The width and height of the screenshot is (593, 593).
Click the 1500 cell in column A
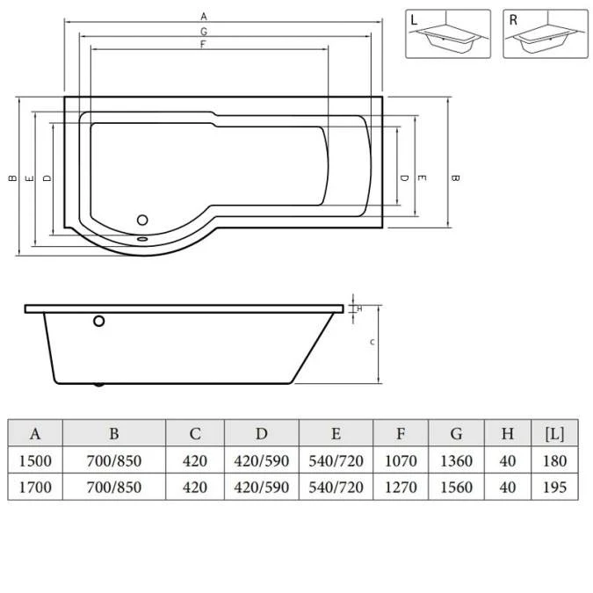pos(35,461)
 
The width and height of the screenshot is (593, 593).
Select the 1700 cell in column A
pos(35,488)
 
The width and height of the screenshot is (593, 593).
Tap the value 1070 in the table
pos(401,461)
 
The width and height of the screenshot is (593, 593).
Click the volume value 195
pos(554,488)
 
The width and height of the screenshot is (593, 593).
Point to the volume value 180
pos(554,461)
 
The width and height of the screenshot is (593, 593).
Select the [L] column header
pos(554,434)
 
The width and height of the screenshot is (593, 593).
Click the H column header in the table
pos(508,434)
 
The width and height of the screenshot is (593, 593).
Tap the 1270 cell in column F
pos(401,488)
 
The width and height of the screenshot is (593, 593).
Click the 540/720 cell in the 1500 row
pos(336,461)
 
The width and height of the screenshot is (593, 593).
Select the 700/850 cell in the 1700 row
pos(113,488)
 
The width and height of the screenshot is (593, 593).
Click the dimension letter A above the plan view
pos(204,16)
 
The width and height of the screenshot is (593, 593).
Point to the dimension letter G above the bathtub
pos(204,31)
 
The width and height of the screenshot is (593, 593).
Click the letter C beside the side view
pos(372,343)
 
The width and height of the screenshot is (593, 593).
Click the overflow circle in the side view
pos(100,322)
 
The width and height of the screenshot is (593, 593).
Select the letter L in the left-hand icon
pos(415,18)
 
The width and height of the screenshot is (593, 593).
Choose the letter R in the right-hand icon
pos(513,18)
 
